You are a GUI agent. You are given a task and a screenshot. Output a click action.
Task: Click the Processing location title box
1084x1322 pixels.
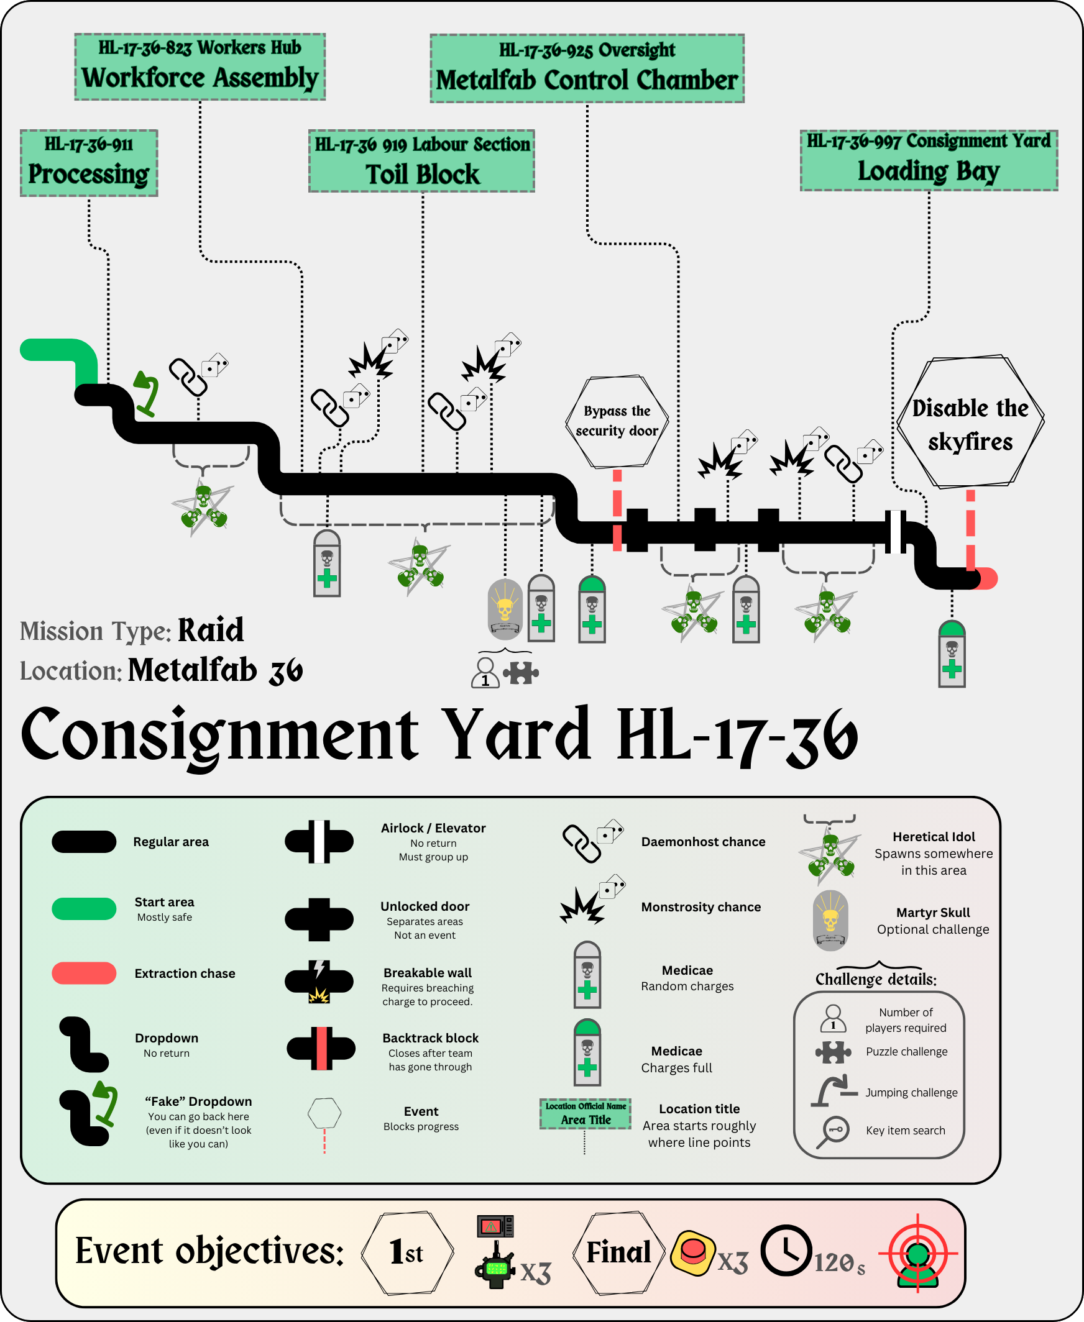coord(89,163)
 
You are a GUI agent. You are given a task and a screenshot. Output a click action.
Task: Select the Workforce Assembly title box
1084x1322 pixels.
coord(200,67)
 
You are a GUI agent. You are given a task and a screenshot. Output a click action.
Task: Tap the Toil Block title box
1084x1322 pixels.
coord(421,161)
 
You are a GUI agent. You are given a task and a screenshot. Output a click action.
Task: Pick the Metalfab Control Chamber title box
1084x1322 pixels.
coord(587,69)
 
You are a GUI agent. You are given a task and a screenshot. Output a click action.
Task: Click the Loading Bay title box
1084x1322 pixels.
coord(929,160)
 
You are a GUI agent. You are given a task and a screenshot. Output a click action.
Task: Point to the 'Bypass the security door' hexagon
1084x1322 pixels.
coord(617,421)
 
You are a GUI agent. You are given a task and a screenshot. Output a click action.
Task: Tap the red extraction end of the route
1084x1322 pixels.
coord(987,578)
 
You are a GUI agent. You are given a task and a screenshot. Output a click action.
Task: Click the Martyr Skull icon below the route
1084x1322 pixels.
coord(505,609)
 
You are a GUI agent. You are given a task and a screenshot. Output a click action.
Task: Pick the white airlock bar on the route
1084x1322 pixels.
coord(896,531)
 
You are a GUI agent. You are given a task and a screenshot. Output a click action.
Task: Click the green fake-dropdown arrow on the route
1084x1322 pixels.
coord(147,393)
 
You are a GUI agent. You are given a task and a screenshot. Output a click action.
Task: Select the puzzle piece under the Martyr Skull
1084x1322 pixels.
coord(521,673)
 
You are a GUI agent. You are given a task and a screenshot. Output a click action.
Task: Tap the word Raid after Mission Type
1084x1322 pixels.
coord(211,631)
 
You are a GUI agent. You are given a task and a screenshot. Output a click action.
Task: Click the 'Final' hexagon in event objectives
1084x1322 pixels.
coord(618,1252)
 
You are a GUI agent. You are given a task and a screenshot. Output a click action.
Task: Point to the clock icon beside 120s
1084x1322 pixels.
coord(786,1251)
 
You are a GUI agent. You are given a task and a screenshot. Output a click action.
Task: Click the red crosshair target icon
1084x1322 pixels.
coord(917,1252)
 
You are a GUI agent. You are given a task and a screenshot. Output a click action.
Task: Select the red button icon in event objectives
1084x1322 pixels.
coord(692,1252)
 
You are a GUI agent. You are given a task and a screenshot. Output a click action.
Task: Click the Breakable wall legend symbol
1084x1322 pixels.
coord(319,981)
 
